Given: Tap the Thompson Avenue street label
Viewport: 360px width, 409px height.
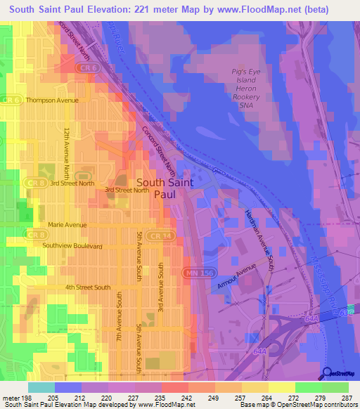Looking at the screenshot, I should pos(52,100).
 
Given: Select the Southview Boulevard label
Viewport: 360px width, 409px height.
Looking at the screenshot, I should pos(72,246).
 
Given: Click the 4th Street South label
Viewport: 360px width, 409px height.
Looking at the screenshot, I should pos(88,287).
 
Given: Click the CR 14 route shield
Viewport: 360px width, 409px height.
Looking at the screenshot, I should pos(160,236).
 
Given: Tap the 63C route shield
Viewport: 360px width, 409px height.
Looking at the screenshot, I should pos(351,311).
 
